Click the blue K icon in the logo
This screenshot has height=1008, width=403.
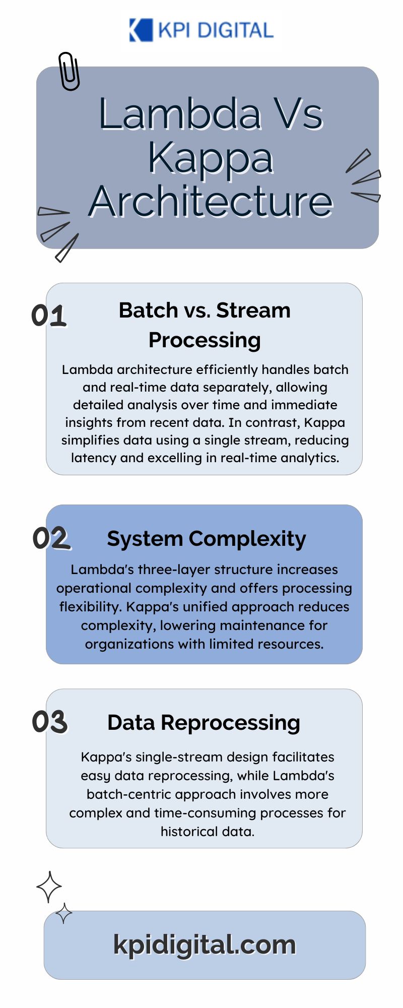141,30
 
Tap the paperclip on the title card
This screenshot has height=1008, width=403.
69,71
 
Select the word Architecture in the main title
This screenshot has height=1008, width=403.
211,201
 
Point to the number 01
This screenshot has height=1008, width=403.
49,316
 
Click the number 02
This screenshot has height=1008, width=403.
51,538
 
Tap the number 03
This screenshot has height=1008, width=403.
50,722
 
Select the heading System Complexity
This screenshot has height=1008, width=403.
207,539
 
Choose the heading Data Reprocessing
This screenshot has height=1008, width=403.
204,723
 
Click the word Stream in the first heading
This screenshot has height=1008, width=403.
253,310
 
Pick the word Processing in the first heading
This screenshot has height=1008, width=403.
205,341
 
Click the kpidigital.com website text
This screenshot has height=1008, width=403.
205,944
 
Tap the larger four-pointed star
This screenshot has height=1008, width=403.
49,887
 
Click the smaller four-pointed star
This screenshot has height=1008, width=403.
63,913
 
